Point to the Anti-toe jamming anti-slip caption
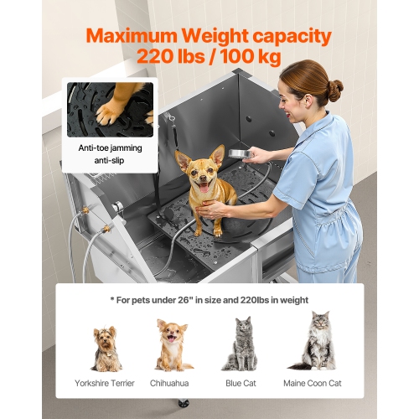(x=111, y=153)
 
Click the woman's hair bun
(x=335, y=90)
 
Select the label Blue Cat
(x=240, y=383)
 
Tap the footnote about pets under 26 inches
(x=209, y=299)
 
